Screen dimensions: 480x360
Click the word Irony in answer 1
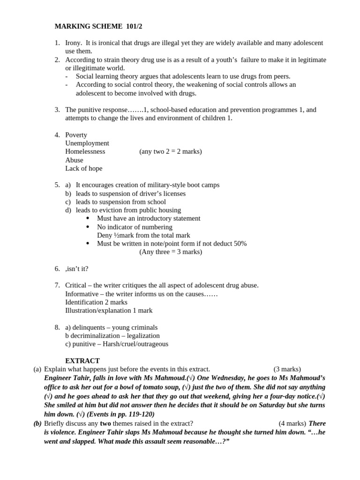[74, 43]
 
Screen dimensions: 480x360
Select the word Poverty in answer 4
[76, 135]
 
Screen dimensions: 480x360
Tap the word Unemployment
[87, 143]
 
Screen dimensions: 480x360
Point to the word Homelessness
[85, 152]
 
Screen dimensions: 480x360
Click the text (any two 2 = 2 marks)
[171, 152]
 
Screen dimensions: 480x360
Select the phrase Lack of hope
[83, 169]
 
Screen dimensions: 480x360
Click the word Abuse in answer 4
[74, 160]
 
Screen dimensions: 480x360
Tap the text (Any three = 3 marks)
[171, 252]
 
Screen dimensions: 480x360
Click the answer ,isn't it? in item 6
[77, 269]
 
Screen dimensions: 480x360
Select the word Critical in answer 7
[76, 285]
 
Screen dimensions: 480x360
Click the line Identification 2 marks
[96, 302]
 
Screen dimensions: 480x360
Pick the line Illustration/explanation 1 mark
[109, 311]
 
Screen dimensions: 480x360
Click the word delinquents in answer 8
[92, 328]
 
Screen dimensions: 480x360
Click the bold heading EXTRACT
[82, 361]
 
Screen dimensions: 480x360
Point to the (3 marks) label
[287, 369]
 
